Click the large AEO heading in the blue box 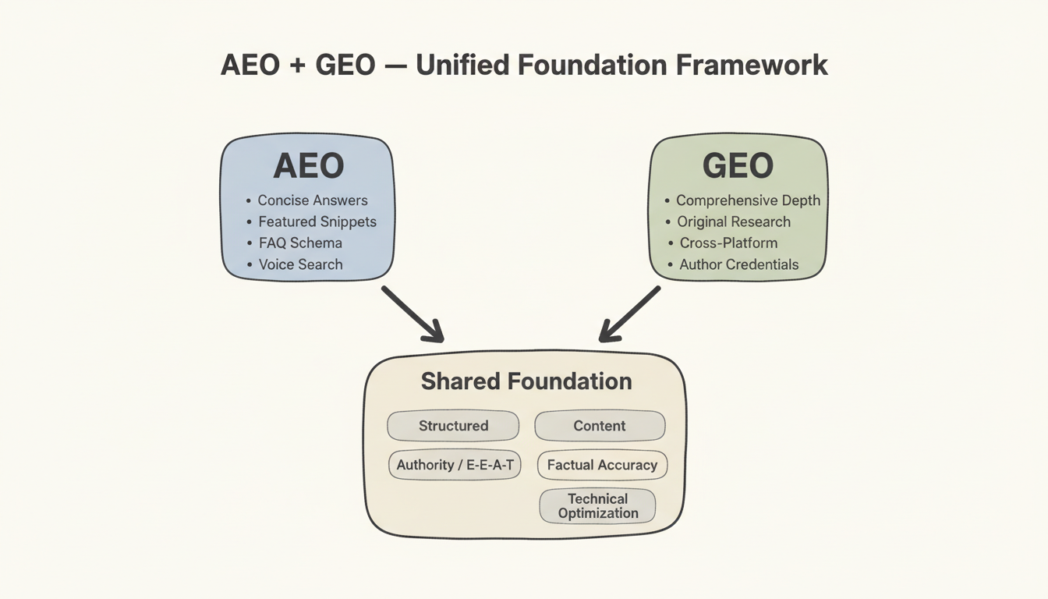pos(308,166)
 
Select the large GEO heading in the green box pos(738,166)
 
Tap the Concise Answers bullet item pos(313,200)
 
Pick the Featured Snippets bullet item pos(317,222)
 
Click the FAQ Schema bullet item pos(300,243)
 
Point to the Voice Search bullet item pos(300,264)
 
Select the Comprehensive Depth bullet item pos(748,200)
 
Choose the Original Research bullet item pos(734,222)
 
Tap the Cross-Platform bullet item pos(728,243)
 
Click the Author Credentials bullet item pos(738,264)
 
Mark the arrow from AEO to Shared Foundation pos(412,314)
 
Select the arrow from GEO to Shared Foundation pos(629,314)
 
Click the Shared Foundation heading pos(526,381)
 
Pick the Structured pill pos(453,426)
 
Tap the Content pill pos(600,426)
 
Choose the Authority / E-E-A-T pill pos(454,465)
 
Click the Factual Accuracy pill pos(602,465)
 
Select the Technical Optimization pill pos(598,505)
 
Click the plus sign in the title pos(296,66)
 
